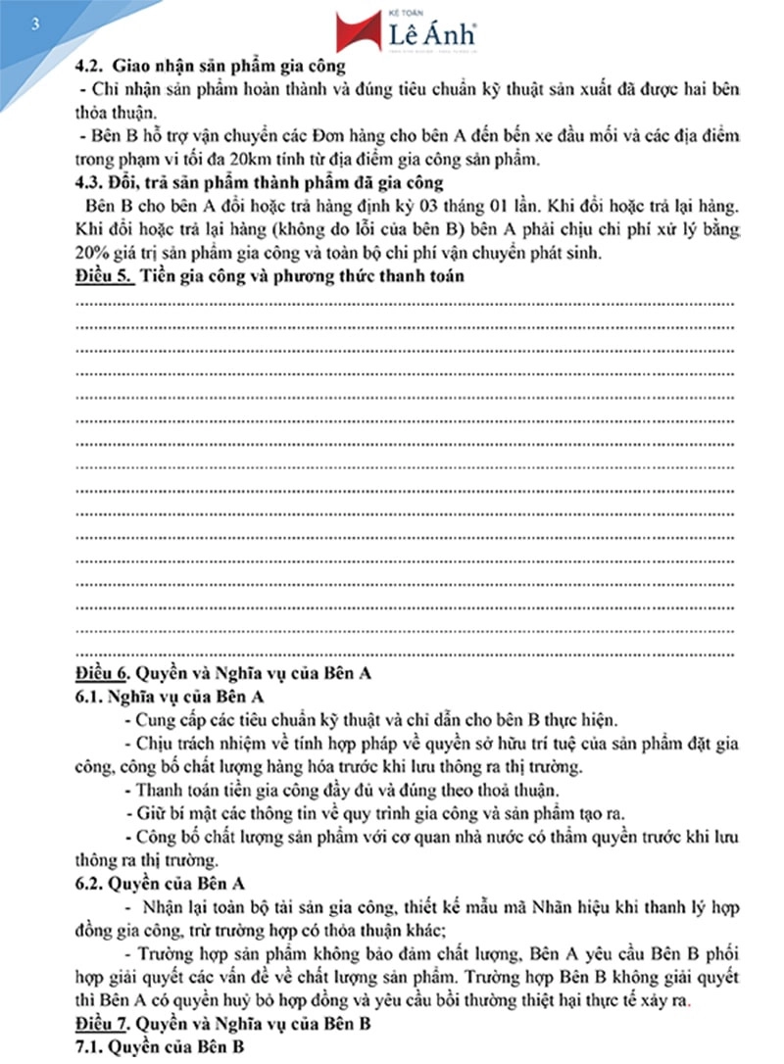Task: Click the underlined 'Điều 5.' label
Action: (103, 276)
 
